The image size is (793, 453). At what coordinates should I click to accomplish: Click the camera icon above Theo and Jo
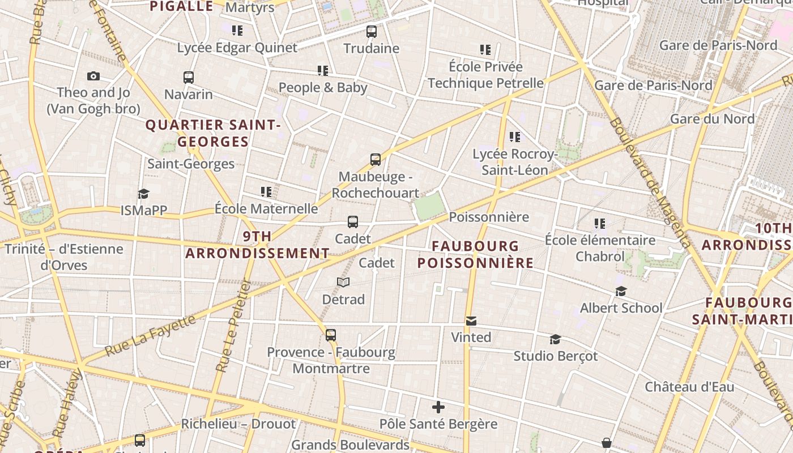tap(93, 76)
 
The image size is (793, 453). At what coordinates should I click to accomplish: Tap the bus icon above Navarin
tap(189, 77)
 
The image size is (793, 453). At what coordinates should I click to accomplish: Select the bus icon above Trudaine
tap(372, 32)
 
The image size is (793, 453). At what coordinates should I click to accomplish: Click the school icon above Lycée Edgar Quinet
tap(237, 30)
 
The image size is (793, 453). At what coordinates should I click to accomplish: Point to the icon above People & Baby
tap(323, 71)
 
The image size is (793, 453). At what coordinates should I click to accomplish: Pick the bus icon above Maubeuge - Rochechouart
tap(376, 160)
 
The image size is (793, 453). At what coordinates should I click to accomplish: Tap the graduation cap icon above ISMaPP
tap(143, 194)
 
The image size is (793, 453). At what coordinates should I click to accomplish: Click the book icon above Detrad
tap(343, 282)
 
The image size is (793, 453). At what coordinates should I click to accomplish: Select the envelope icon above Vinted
tap(471, 321)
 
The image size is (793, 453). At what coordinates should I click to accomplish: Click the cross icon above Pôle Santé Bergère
tap(438, 407)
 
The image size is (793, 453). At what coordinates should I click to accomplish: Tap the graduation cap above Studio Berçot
tap(555, 339)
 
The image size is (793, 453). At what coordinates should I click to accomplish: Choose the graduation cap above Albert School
tap(621, 291)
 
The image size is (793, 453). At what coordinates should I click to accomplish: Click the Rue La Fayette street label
tap(151, 336)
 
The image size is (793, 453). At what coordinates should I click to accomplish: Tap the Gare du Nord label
tap(712, 119)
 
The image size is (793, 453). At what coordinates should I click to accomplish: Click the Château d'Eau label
tap(689, 387)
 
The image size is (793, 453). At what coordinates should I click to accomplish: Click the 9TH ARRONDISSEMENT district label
tap(257, 245)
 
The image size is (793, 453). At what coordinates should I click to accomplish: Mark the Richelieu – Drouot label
tap(238, 424)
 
